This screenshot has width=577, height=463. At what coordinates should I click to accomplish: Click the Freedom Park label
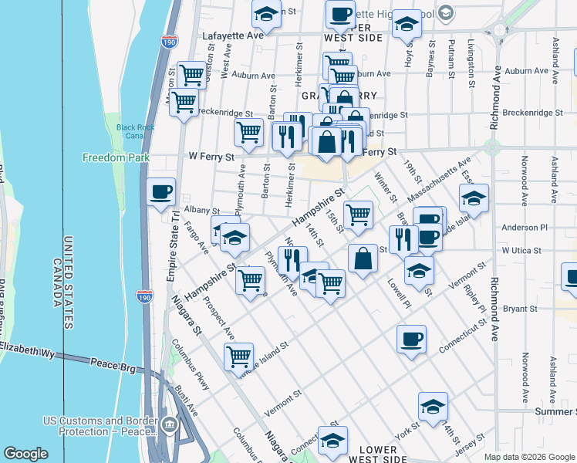pos(110,158)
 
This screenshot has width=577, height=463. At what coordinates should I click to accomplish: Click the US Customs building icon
pos(170,424)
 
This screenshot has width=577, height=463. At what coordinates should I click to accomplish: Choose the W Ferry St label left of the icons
pos(211,156)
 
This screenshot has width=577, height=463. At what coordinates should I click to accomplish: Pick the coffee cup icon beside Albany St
pos(161,193)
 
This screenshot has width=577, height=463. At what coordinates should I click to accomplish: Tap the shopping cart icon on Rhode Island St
pos(239,357)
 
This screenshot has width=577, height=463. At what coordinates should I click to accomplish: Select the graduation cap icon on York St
pos(433,406)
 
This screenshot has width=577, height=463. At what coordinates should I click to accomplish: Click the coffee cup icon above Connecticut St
pos(411,338)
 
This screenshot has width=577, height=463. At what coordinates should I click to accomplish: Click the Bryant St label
pos(520,309)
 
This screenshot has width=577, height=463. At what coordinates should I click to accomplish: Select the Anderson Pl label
pos(523,228)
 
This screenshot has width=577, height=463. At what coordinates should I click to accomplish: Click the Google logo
pos(25,453)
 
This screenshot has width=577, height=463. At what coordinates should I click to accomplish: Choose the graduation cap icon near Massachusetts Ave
pos(474,198)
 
